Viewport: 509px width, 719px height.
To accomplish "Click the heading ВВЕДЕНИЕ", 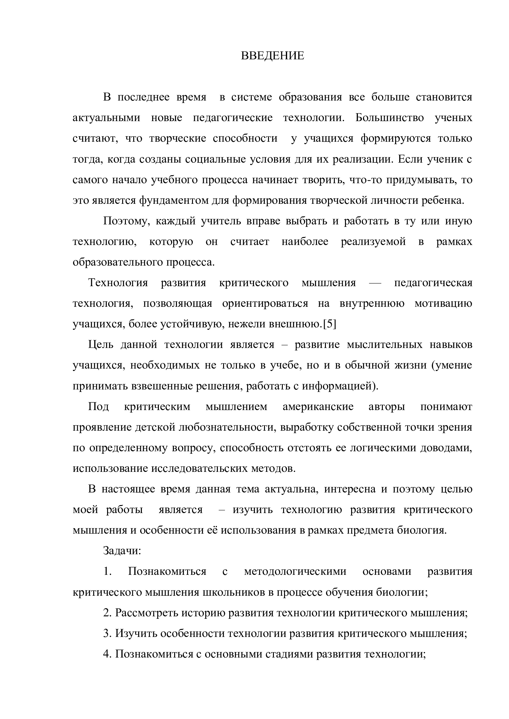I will [x=272, y=56].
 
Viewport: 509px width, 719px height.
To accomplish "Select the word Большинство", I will [x=390, y=118].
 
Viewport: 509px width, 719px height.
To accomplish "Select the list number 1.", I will [x=107, y=571].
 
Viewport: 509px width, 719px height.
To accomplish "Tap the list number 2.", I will [x=107, y=613].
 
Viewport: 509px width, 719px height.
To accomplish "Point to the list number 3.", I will [x=107, y=634].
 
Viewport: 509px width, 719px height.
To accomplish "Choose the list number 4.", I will [x=107, y=654].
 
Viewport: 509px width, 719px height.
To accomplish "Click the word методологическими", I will [x=295, y=571].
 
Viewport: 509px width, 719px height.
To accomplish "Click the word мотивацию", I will [x=443, y=303].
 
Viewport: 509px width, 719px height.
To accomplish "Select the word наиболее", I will [x=305, y=242].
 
